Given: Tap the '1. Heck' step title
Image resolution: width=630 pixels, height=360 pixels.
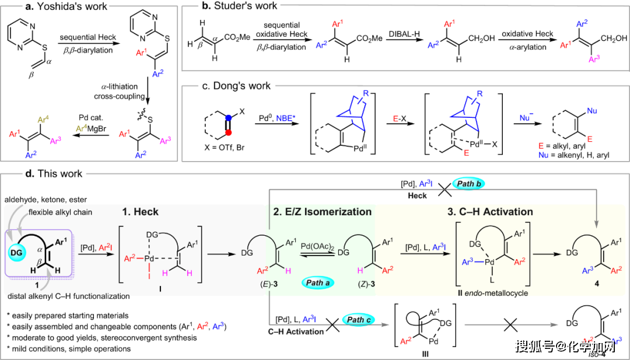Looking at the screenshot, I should pos(142,211).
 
